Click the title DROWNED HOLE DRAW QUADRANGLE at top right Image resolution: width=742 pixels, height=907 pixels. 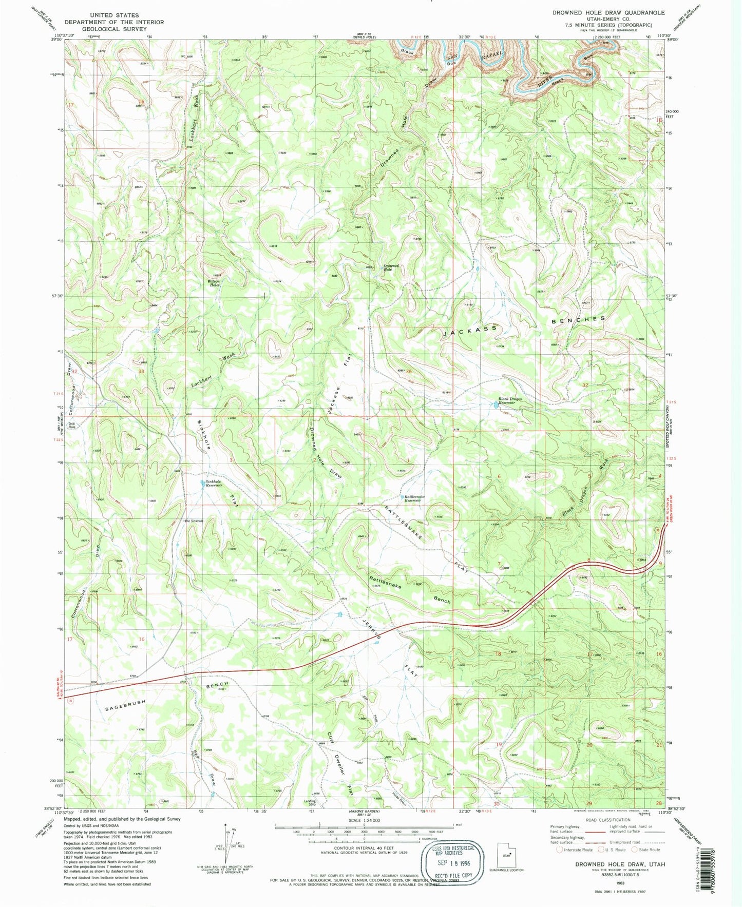point(608,12)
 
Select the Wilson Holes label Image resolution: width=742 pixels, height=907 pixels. point(214,283)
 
